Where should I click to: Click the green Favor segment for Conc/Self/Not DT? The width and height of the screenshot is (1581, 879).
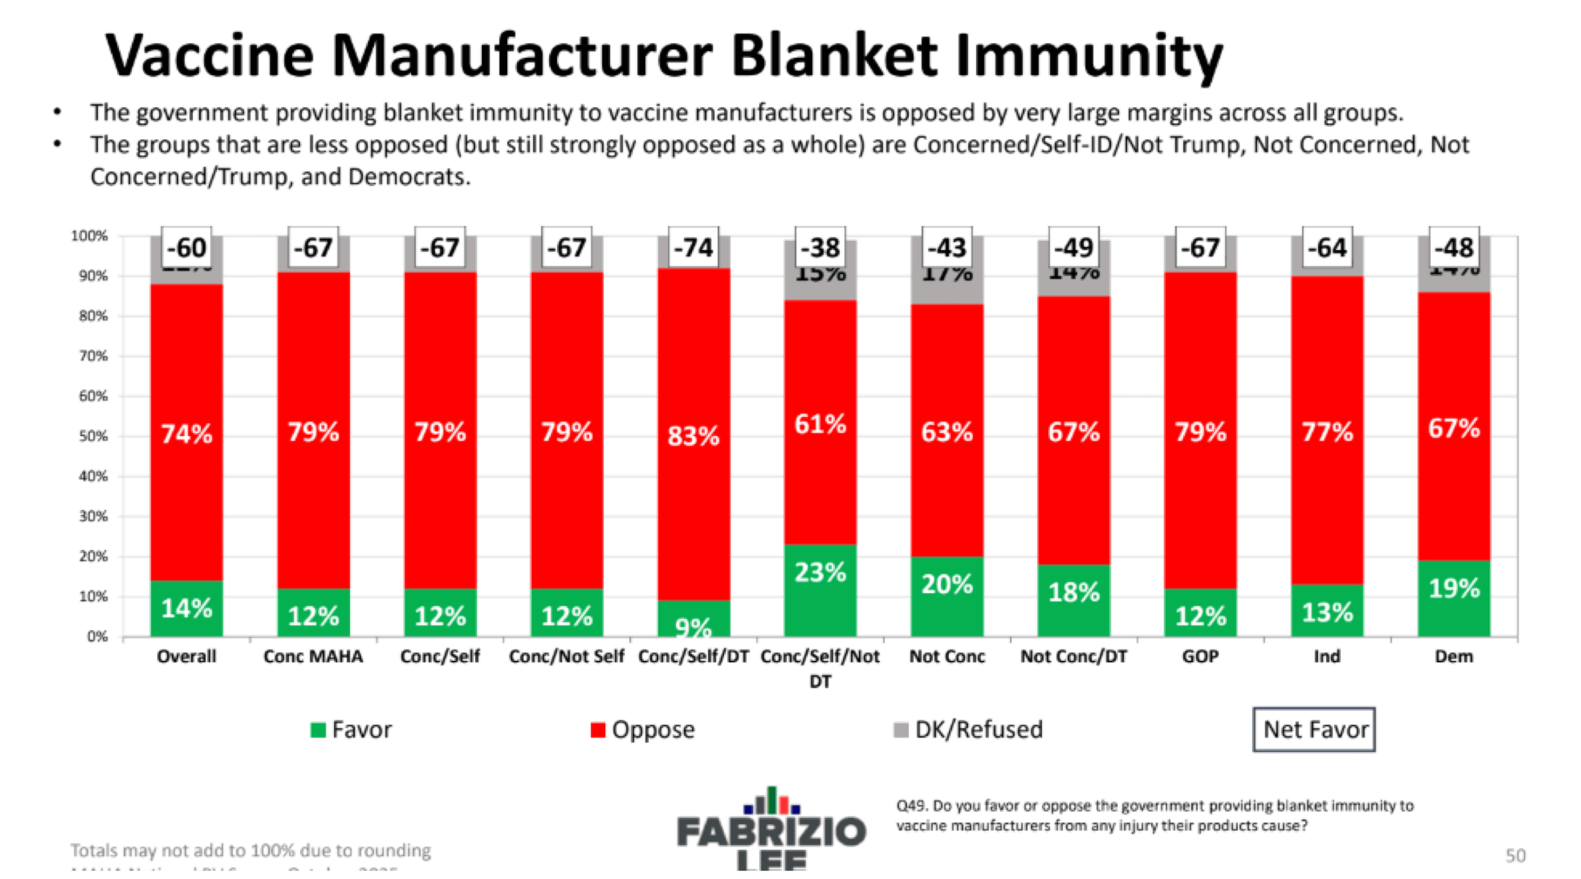point(820,590)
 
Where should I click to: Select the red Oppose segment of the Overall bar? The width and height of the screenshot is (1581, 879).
point(186,432)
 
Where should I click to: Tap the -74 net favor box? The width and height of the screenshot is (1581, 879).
point(693,248)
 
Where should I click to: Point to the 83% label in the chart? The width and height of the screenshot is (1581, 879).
point(693,436)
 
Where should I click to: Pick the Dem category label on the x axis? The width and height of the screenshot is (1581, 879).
point(1453,656)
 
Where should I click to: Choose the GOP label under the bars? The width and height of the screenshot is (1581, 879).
point(1200,656)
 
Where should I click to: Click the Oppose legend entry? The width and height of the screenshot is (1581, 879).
point(643,729)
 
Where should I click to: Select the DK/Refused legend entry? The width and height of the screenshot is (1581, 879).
point(968,729)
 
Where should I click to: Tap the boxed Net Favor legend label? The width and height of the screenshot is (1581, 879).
point(1314,729)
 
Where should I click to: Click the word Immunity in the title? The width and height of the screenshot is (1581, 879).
point(1089,56)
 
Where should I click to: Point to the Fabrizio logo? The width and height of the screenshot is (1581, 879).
point(772,828)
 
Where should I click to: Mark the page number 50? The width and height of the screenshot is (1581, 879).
point(1515,855)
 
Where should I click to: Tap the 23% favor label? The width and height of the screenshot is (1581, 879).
point(820,572)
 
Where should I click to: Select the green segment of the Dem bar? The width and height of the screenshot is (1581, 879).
point(1453,598)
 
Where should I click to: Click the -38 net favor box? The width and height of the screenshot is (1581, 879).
point(820,248)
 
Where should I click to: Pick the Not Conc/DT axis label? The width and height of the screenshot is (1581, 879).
point(1073,656)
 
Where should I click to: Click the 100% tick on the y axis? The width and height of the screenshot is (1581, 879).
point(89,236)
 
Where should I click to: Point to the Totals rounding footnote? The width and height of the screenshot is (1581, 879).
point(251,850)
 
